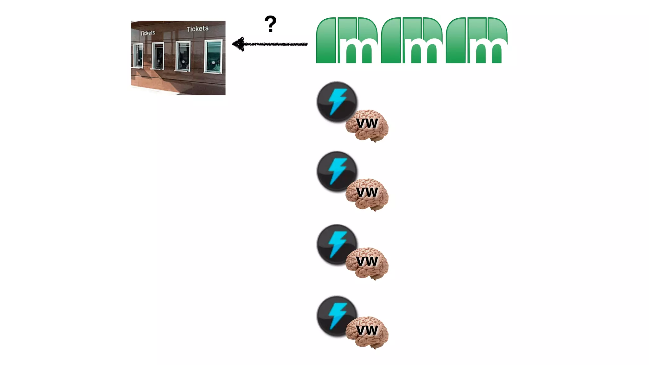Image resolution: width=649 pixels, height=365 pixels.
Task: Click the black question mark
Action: click(270, 24)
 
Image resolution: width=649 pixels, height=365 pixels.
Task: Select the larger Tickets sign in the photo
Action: click(198, 29)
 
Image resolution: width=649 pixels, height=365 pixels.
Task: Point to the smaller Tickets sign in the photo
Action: click(148, 33)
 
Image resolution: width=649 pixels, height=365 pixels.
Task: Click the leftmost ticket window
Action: click(138, 55)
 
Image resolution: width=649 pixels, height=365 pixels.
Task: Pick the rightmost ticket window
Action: click(213, 56)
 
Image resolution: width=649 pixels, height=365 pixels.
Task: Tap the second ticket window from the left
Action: click(158, 56)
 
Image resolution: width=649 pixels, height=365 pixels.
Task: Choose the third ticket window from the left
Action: click(183, 56)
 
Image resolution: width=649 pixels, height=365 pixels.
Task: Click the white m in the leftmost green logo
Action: click(358, 50)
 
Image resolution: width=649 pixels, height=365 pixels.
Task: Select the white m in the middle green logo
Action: click(423, 50)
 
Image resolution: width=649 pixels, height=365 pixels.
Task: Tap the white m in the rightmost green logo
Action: click(488, 50)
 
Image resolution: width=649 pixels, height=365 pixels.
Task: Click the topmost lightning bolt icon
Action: click(337, 101)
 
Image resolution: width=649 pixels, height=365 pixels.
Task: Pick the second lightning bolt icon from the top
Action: click(337, 171)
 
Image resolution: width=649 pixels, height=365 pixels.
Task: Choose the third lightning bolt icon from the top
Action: click(337, 244)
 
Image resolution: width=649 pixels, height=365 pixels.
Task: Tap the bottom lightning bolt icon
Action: click(337, 316)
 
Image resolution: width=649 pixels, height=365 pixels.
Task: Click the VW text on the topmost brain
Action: click(367, 123)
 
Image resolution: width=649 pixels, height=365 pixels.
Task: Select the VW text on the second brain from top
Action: click(367, 192)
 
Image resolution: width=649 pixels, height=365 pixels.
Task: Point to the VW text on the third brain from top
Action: click(367, 261)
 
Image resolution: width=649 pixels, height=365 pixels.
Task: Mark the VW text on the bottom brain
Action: click(367, 330)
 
